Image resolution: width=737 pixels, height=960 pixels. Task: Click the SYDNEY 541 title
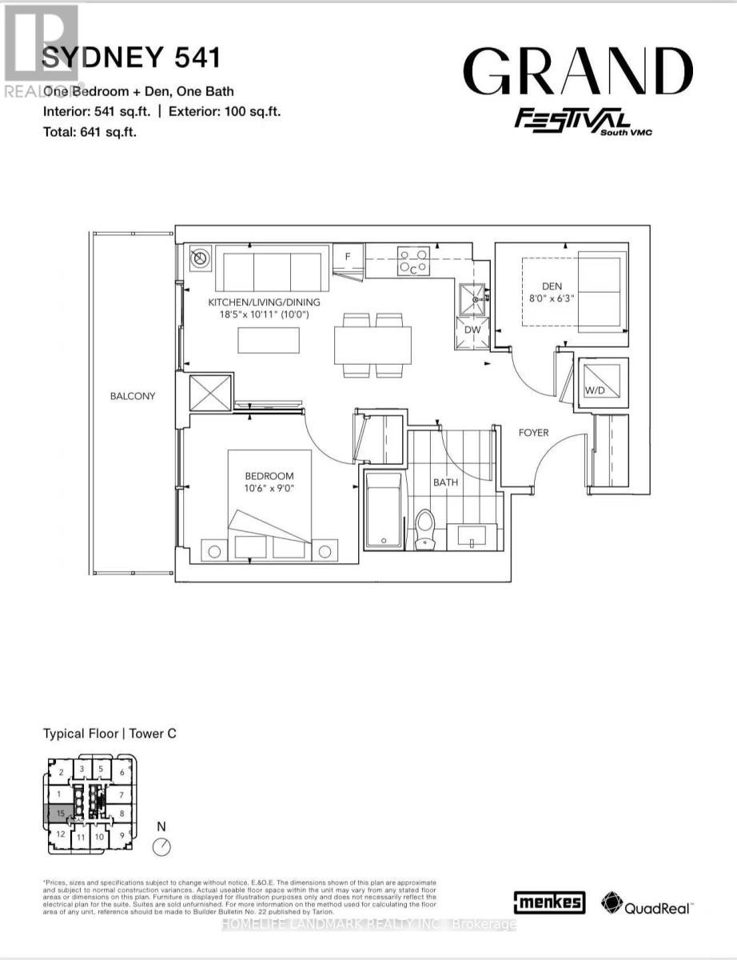(x=130, y=58)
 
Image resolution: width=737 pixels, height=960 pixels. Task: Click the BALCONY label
(x=133, y=396)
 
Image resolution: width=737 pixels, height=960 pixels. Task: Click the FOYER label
(x=533, y=433)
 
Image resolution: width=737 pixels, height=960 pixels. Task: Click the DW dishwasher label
(x=472, y=329)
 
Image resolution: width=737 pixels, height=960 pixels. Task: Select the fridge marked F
(x=348, y=257)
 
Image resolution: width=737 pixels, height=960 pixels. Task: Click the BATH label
(x=445, y=483)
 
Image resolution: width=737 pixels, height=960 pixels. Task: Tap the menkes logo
(x=550, y=902)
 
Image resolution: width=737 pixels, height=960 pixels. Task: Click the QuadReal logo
(x=647, y=904)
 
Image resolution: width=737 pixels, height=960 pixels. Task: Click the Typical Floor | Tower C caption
(x=109, y=733)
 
